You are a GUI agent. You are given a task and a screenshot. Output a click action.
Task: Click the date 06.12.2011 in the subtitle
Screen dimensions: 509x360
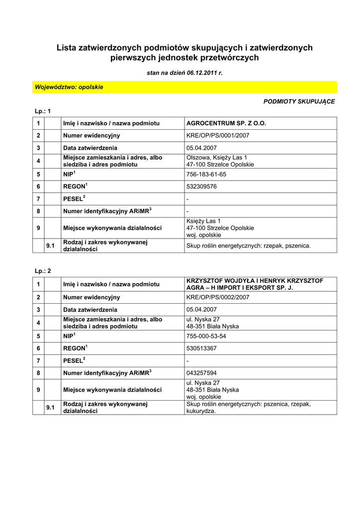tap(203, 73)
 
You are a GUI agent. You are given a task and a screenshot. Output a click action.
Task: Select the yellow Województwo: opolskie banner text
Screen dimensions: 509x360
tap(69, 87)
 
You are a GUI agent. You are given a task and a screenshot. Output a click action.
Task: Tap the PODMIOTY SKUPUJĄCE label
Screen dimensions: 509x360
tap(299, 101)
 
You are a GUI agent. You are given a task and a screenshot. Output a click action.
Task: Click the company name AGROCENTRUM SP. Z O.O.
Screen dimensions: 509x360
tap(226, 122)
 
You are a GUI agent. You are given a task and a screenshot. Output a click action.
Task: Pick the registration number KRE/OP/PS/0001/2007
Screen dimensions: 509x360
tap(218, 135)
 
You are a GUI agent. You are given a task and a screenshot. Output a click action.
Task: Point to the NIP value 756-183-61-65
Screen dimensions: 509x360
tap(206, 174)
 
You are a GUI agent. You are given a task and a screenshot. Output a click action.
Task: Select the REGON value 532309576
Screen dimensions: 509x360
tap(201, 186)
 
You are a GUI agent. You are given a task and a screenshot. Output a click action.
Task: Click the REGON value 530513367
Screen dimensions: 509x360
tap(201, 348)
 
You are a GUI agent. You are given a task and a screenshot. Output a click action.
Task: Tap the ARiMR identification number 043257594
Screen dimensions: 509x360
tap(201, 372)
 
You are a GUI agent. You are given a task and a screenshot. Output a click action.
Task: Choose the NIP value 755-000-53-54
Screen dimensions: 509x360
tap(206, 336)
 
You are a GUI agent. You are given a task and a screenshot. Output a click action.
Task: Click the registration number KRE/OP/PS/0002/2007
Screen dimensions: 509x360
tap(218, 297)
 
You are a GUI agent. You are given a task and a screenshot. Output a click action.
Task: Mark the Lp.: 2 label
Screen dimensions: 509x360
tap(43, 271)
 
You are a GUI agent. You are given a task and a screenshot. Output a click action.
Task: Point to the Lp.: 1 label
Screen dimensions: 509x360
tap(43, 110)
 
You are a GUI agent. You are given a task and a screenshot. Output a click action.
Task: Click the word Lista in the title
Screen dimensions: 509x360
tap(67, 48)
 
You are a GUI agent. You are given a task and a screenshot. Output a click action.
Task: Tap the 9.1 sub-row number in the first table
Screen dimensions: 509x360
tap(50, 246)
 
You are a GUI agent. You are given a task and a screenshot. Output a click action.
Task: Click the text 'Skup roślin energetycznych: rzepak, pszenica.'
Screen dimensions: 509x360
tap(248, 246)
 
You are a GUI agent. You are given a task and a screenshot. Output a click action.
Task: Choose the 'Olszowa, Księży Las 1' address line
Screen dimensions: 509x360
tap(217, 158)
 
